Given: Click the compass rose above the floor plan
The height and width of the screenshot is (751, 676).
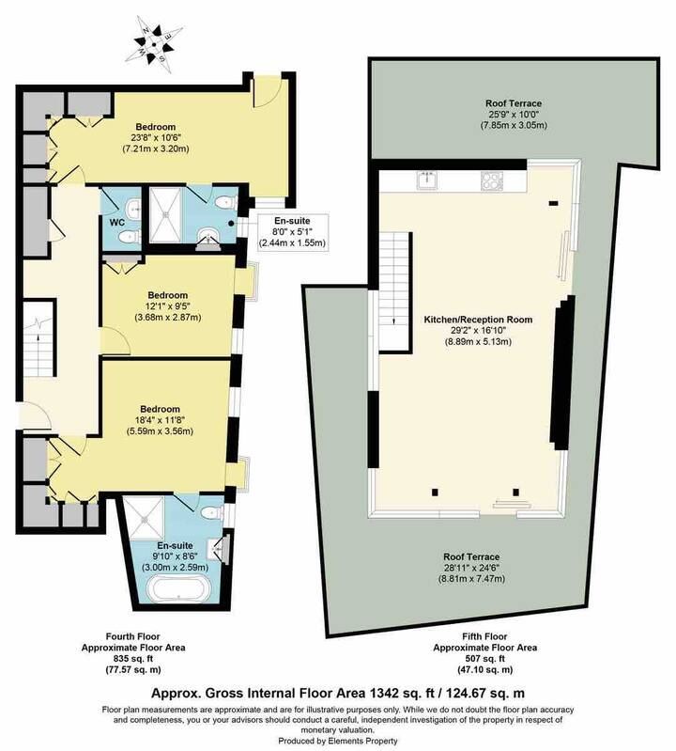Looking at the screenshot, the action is click(x=154, y=44).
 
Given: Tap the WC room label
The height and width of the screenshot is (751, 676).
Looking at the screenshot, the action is click(x=117, y=223).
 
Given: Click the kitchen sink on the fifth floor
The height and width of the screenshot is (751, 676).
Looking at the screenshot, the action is click(x=424, y=180).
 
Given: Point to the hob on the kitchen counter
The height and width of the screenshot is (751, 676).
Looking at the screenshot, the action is click(x=491, y=180).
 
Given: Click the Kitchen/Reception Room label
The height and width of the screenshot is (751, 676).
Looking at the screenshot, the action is click(x=478, y=320).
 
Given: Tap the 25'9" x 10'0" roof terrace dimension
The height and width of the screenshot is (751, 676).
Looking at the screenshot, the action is click(x=514, y=115).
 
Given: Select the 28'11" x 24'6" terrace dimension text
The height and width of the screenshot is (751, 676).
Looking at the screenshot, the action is click(x=471, y=568).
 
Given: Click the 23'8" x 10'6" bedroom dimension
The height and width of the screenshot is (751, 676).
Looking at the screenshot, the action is click(x=156, y=138).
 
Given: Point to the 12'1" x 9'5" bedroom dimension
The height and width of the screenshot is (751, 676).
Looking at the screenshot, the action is click(x=167, y=306).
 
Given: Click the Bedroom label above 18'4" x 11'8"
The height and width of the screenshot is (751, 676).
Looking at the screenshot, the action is click(x=161, y=409).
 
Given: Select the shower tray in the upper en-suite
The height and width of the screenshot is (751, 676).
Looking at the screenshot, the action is click(x=165, y=213).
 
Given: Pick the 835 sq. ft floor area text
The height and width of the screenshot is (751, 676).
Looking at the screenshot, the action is click(x=133, y=659).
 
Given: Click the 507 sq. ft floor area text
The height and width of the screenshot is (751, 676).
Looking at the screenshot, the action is click(x=484, y=659).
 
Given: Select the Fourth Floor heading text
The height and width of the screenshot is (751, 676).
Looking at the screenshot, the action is click(x=133, y=636).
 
